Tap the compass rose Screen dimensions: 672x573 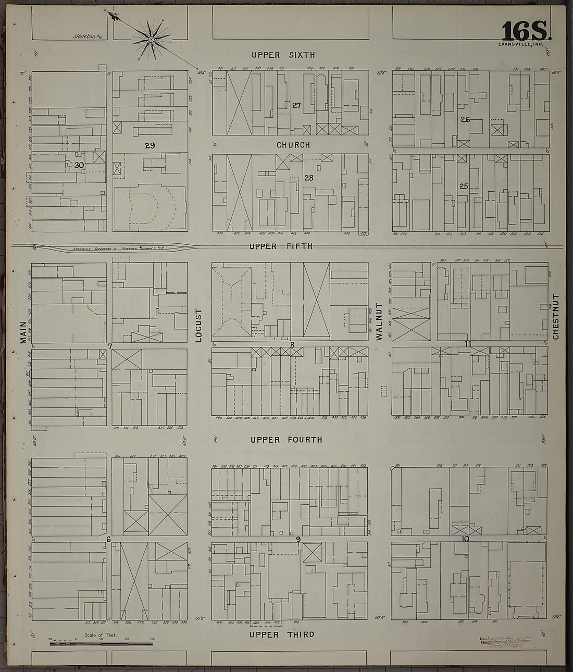[x=151, y=39]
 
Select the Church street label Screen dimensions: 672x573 [x=293, y=145]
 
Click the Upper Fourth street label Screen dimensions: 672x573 [x=286, y=440]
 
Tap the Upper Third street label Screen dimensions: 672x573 [x=282, y=634]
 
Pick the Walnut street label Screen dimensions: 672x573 [x=380, y=322]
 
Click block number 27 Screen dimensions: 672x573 [x=296, y=105]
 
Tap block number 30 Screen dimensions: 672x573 [x=79, y=165]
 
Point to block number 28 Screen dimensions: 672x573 [x=309, y=178]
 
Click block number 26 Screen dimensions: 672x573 [x=465, y=120]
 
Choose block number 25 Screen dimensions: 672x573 [x=464, y=186]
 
